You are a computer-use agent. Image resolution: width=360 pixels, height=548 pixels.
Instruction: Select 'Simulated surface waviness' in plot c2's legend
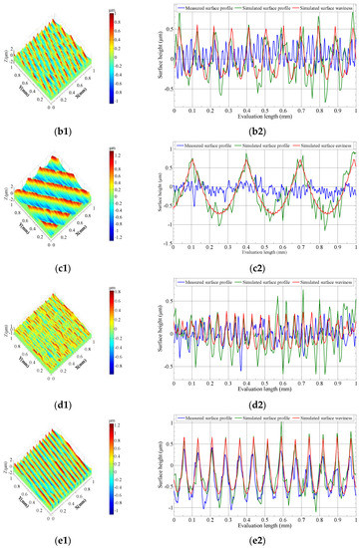coord(326,145)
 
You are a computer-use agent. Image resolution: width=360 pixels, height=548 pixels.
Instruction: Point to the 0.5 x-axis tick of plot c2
coord(266,246)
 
